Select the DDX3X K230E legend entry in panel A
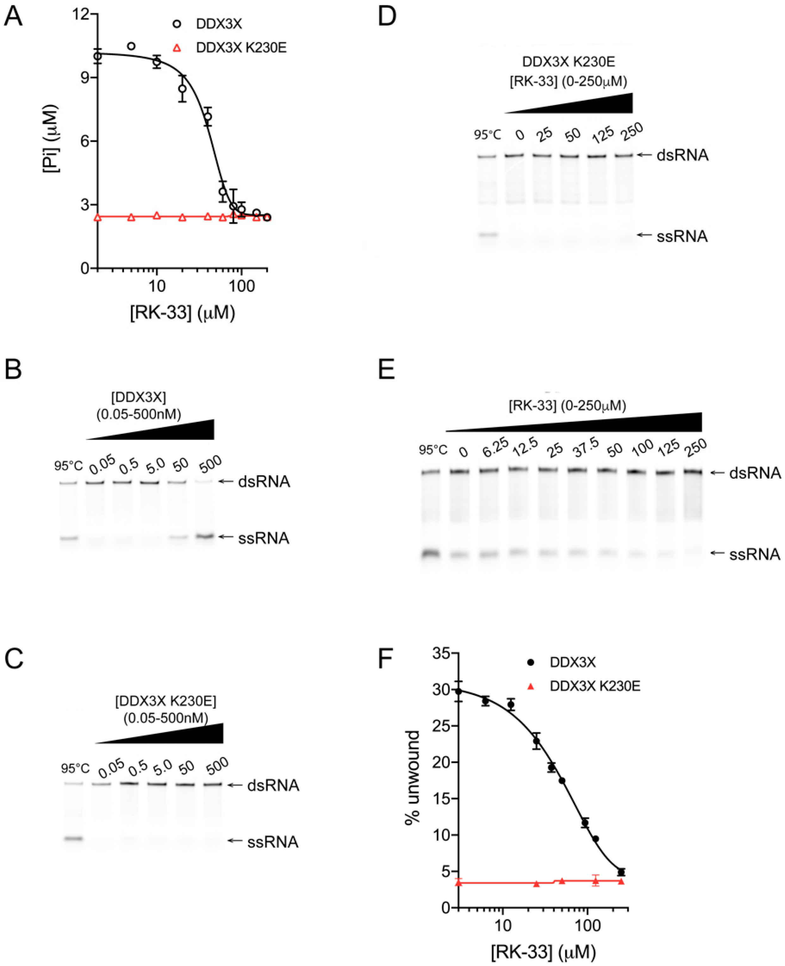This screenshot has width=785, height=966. (241, 47)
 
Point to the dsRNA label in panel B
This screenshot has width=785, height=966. (264, 482)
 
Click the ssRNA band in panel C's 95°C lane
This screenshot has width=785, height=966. (74, 839)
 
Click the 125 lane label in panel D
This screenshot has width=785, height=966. (603, 133)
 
